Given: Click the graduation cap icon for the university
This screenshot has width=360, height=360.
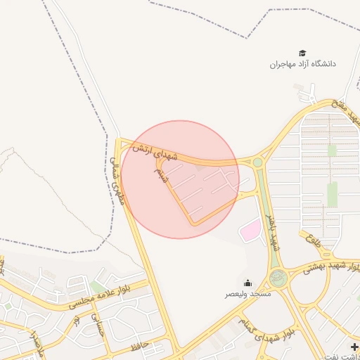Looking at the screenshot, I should click(302, 53).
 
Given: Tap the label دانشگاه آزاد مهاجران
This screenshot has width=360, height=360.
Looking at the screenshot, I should click(303, 64).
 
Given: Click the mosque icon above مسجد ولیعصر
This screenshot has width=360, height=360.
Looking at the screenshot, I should click(247, 283).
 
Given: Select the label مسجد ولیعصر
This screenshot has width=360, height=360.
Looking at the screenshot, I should click(247, 293).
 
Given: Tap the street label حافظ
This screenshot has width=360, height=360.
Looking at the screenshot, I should click(139, 346).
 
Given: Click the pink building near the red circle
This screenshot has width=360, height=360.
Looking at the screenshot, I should click(250, 231).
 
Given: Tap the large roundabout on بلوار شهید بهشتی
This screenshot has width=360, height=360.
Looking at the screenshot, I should click(278, 278).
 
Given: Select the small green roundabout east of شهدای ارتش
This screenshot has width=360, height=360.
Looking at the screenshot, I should click(258, 162).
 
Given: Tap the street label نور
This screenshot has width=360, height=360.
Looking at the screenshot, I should click(75, 321).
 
